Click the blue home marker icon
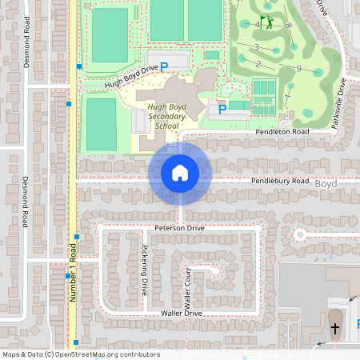(179, 172)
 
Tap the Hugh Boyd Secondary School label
(166, 116)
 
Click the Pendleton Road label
(282, 131)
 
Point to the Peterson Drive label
(180, 228)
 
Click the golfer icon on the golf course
(266, 22)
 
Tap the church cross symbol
(335, 328)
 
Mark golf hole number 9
(298, 69)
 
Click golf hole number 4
(257, 25)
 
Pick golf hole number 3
(256, 47)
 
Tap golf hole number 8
(286, 26)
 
